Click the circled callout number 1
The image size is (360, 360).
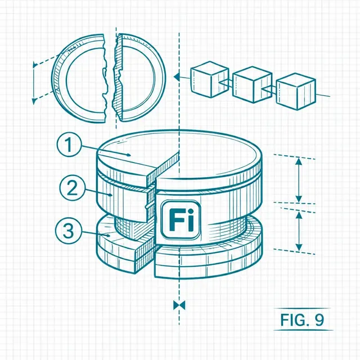click(69, 145)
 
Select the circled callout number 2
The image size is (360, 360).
click(72, 188)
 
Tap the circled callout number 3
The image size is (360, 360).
click(69, 231)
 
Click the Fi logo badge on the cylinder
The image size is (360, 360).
click(181, 219)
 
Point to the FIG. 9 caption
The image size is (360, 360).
click(302, 319)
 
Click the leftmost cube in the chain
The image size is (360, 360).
click(210, 79)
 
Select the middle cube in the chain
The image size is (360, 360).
click(252, 84)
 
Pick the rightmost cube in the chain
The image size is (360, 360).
click(296, 91)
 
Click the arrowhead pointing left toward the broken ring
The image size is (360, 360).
click(177, 76)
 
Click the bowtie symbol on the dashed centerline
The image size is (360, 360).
click(179, 305)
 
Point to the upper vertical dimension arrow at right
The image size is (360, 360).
click(299, 180)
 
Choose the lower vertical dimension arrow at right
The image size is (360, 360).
click(299, 231)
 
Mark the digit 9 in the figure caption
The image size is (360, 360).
click(319, 319)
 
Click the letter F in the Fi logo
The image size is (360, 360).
click(175, 220)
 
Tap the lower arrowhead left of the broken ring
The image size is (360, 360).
click(34, 101)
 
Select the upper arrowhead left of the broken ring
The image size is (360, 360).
click(35, 65)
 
